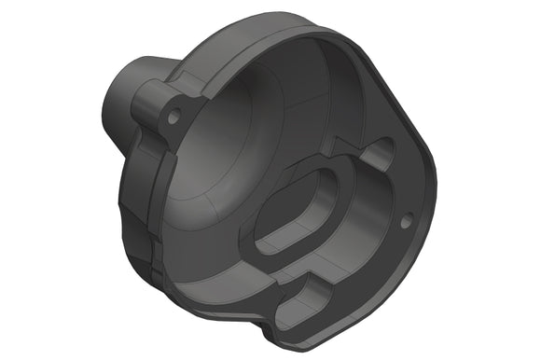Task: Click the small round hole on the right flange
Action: (406, 221)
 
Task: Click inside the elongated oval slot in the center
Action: (297, 213)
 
